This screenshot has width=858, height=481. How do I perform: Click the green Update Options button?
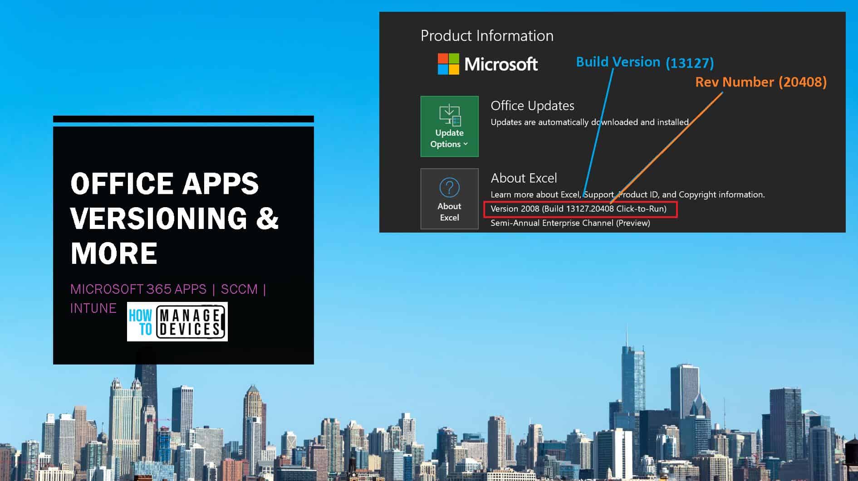(x=449, y=126)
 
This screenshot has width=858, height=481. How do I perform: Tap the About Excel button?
(x=449, y=199)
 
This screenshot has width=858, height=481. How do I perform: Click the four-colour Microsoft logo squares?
(x=448, y=64)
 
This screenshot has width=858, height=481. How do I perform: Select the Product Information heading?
(x=487, y=36)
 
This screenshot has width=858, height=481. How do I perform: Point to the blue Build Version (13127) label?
(x=645, y=62)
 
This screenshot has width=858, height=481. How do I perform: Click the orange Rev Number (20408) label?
(x=761, y=82)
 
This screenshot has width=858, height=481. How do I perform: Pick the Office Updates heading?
(x=532, y=106)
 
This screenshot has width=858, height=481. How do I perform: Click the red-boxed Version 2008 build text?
(x=579, y=209)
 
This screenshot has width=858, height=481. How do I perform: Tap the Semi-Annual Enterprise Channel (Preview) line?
(x=570, y=223)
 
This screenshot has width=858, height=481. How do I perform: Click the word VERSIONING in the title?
(x=159, y=218)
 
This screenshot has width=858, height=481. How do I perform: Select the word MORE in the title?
(x=114, y=253)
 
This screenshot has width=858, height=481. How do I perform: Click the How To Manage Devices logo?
(x=177, y=321)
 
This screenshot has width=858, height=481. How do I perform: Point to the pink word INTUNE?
(x=93, y=308)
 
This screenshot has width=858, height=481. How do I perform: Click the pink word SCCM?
(x=239, y=289)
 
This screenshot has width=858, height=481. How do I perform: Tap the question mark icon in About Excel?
(x=449, y=187)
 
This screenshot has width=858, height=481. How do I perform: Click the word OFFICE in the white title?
(x=116, y=184)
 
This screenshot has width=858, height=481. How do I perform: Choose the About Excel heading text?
(x=524, y=178)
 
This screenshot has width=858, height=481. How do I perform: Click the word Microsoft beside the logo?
(x=501, y=64)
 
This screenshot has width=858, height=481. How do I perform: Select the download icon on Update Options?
(x=450, y=115)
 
